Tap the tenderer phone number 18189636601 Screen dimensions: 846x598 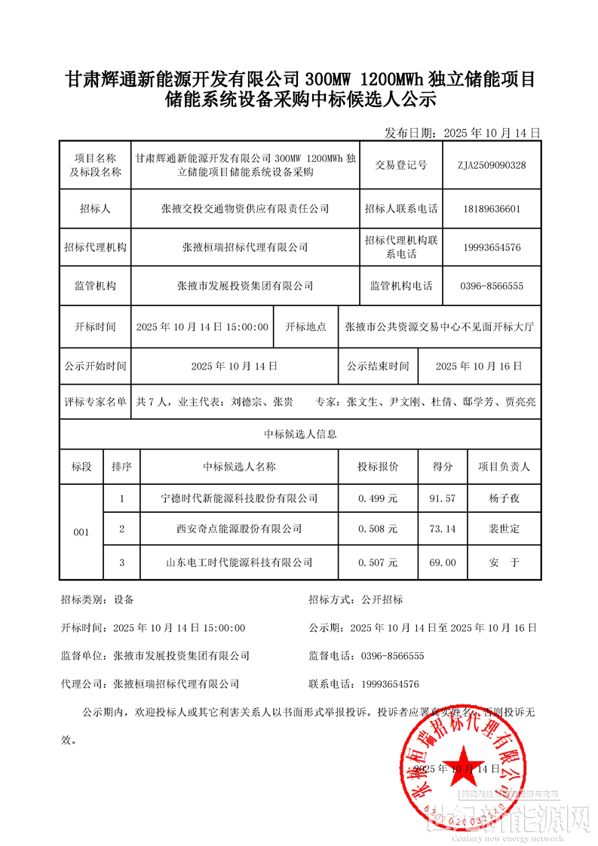point(492,209)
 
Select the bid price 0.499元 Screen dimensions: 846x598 point(378,498)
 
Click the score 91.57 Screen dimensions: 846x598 point(442,498)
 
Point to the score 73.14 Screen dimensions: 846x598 point(442,529)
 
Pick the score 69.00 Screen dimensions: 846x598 point(442,562)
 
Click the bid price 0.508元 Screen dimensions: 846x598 point(378,529)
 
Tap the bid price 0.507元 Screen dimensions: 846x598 point(378,562)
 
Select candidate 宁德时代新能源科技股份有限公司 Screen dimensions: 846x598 point(240,498)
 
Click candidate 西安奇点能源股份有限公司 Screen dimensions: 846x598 point(240,529)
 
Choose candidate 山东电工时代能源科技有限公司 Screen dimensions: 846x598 point(240,562)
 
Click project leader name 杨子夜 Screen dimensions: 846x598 point(504,498)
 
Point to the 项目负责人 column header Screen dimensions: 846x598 point(504,467)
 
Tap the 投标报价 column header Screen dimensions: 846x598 point(378,467)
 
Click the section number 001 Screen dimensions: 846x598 point(81,532)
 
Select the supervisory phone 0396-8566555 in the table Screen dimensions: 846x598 point(492,287)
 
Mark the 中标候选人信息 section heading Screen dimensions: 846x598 point(300,434)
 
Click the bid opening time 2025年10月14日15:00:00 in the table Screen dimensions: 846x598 point(202,327)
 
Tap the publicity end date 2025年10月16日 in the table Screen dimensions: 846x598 point(479,366)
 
